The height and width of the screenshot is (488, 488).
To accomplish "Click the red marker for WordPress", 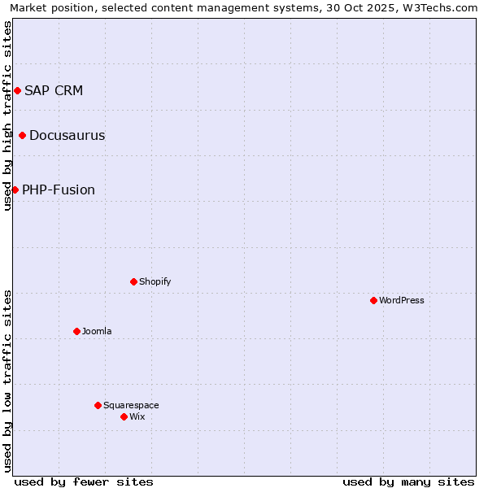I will [373, 300].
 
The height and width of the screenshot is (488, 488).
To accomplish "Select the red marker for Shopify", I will [133, 281].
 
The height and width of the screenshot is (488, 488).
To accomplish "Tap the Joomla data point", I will [76, 331].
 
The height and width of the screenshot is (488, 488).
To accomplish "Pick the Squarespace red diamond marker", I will [98, 405].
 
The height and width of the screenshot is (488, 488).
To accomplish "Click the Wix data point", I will [124, 416].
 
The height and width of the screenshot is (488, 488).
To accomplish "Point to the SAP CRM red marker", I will [17, 90].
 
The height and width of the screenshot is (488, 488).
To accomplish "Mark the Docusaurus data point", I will [22, 135].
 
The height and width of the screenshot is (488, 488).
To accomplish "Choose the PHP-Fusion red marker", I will [15, 190].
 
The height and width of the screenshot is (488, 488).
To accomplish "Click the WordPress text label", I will [402, 300].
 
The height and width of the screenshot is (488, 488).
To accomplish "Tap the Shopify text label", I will [155, 281].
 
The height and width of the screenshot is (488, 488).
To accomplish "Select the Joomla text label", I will [97, 331].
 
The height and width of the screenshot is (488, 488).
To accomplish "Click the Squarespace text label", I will [131, 405].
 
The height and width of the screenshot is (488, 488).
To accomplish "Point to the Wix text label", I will [137, 416].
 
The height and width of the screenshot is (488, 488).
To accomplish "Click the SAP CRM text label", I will [54, 90].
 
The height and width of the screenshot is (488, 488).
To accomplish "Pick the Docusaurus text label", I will [67, 135].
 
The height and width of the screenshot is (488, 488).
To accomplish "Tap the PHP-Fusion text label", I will [59, 190].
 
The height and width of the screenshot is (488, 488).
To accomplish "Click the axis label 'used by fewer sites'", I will [84, 481].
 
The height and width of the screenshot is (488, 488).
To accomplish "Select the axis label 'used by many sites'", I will [408, 481].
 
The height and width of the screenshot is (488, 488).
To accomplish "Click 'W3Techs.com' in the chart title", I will [442, 7].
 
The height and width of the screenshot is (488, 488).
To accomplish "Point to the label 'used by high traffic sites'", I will [7, 115].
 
